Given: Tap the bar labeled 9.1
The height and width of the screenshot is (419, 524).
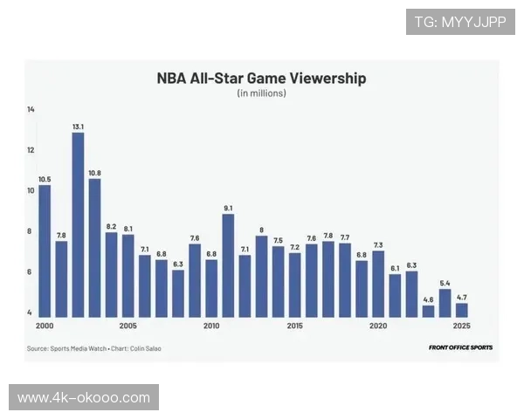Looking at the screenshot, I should tap(228, 265).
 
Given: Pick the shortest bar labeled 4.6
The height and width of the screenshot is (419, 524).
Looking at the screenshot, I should tap(428, 311).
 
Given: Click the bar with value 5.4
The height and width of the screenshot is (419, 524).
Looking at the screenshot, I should tap(445, 303).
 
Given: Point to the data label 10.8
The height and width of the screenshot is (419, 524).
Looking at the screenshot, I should tap(94, 172).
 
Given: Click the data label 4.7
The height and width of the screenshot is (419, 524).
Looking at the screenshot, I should tap(461, 297).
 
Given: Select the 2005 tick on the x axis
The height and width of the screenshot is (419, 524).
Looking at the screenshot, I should tap(128, 326).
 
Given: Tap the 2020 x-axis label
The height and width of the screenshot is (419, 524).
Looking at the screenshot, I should tap(378, 326).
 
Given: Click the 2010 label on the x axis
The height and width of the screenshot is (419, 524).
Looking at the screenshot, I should tap(211, 326).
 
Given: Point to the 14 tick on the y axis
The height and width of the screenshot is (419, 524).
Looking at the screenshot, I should tap(31, 109).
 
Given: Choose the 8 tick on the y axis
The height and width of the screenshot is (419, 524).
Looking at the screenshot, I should tap(31, 231).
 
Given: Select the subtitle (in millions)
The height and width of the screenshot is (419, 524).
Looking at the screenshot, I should tap(261, 93).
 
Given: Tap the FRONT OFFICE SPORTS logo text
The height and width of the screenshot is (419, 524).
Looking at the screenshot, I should tap(460, 347).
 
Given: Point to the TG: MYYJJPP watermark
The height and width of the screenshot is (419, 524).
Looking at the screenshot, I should tap(460, 22).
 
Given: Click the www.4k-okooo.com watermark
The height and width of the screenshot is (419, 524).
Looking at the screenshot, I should tap(84, 398).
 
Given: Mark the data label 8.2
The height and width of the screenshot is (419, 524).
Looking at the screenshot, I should tap(111, 225).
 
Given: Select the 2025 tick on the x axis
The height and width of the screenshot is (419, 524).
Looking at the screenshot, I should tap(461, 326).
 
